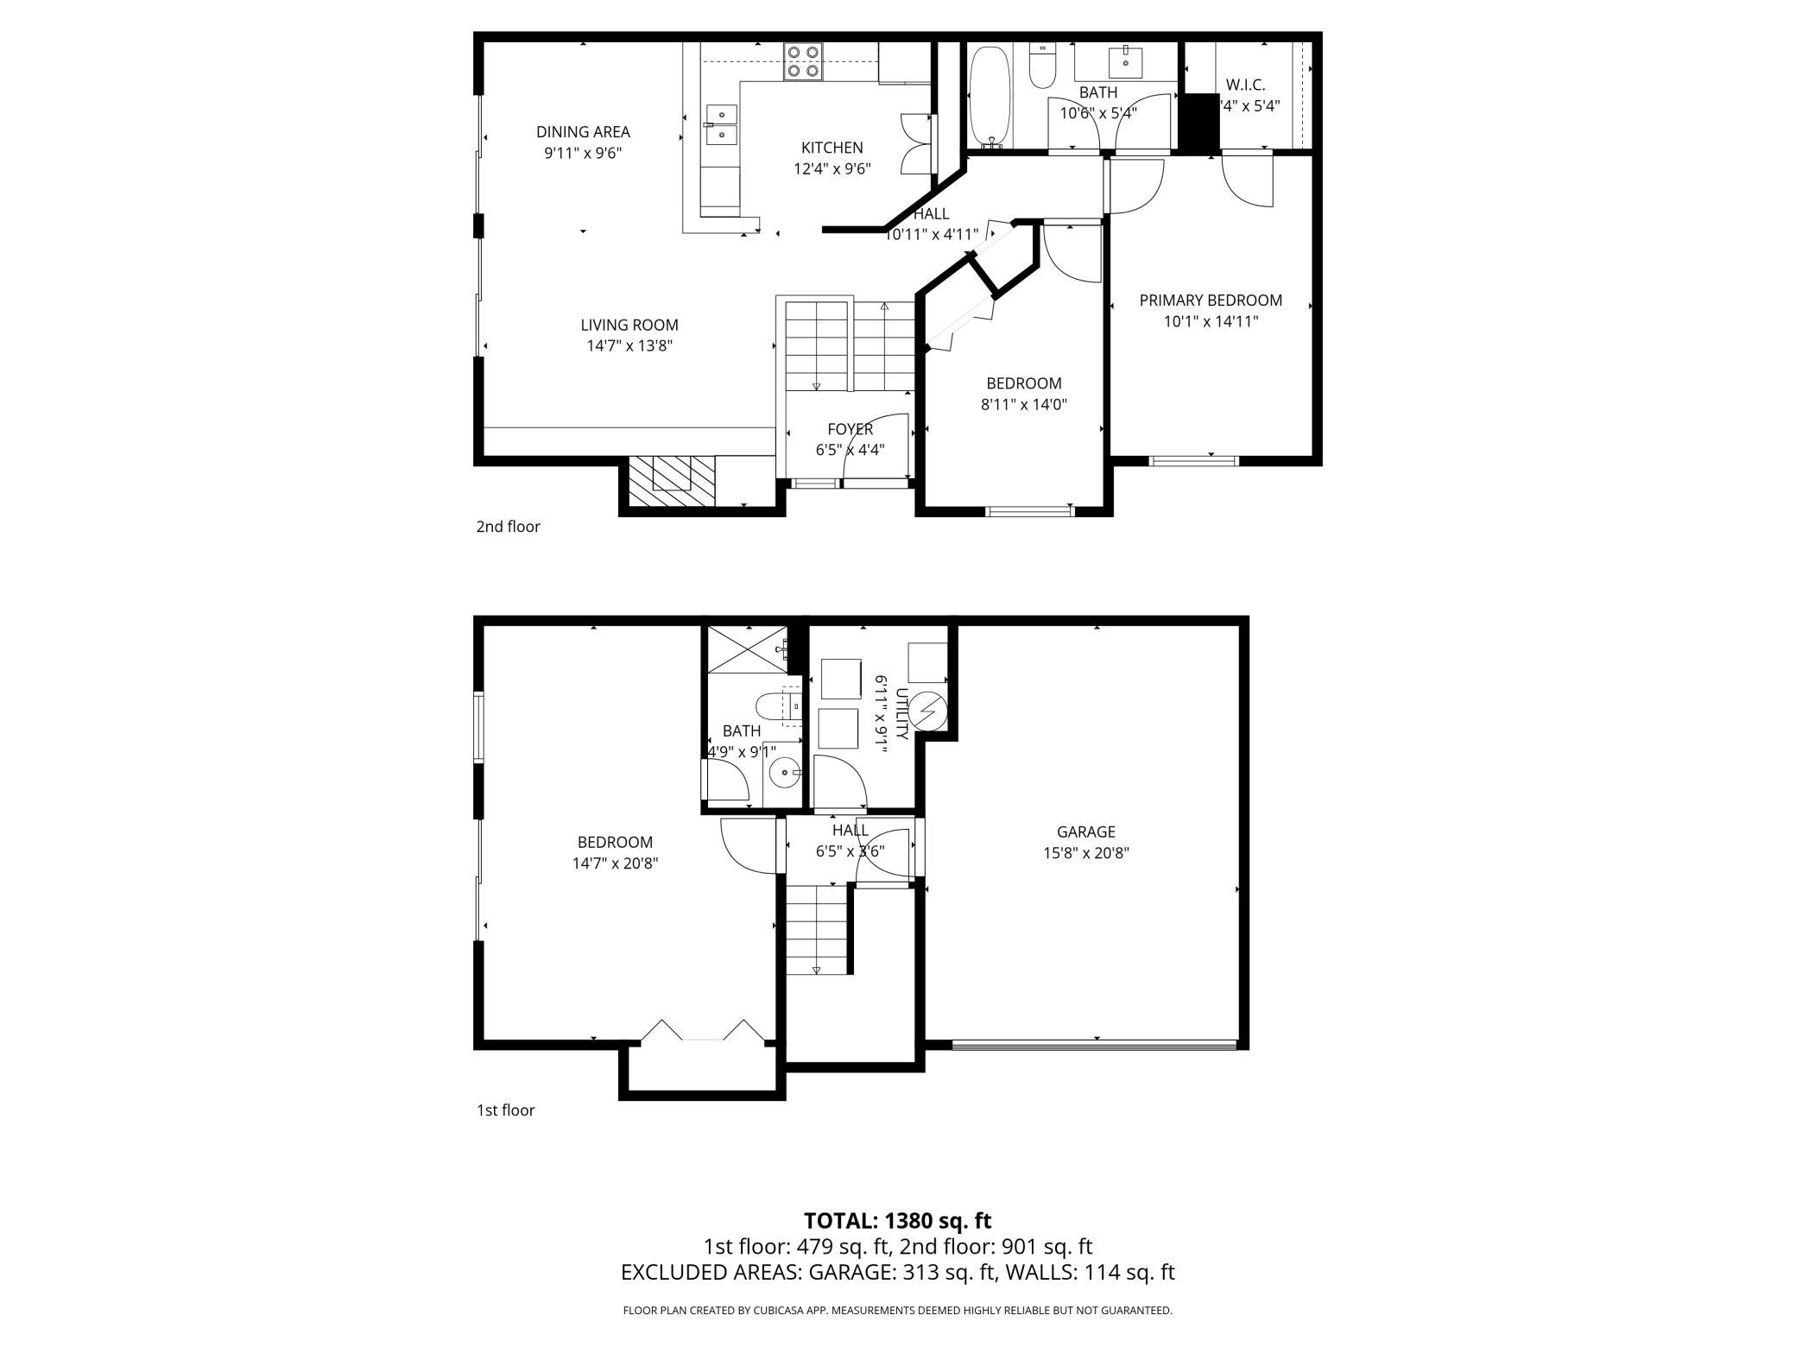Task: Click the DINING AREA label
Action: pyautogui.click(x=583, y=132)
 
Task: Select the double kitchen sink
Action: pyautogui.click(x=721, y=124)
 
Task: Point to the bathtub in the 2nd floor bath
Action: pyautogui.click(x=988, y=97)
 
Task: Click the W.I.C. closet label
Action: pyautogui.click(x=1245, y=85)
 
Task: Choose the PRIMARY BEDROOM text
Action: pyautogui.click(x=1211, y=300)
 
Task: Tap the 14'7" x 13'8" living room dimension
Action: pyautogui.click(x=629, y=346)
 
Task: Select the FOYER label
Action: pyautogui.click(x=850, y=429)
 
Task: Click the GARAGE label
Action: pyautogui.click(x=1085, y=832)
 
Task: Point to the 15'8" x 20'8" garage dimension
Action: pyautogui.click(x=1085, y=853)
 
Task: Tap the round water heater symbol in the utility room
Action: pyautogui.click(x=928, y=711)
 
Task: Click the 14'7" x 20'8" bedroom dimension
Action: pyautogui.click(x=615, y=863)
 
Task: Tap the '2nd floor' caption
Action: pyautogui.click(x=508, y=527)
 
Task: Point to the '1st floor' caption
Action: pyautogui.click(x=505, y=1110)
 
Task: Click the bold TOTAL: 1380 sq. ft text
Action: pyautogui.click(x=897, y=1221)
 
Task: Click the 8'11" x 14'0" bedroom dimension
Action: pyautogui.click(x=1023, y=404)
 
